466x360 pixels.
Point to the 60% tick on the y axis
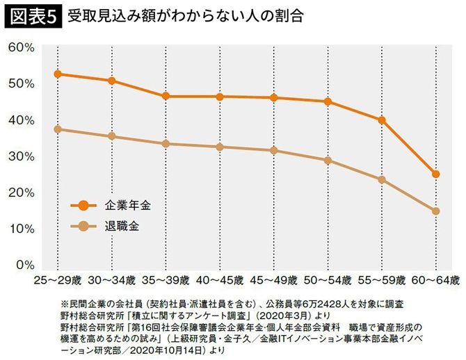22,47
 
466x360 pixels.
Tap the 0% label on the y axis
25,265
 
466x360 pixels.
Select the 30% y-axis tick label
22,156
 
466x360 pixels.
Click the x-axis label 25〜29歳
58,281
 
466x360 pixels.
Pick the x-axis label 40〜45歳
219,281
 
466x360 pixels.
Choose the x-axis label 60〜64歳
435,281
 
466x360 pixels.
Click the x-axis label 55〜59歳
381,281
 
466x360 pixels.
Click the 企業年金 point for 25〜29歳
58,74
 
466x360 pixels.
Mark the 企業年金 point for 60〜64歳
435,174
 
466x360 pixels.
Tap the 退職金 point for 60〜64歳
435,211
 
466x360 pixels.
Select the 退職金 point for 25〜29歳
58,129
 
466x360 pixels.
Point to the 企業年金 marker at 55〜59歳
381,120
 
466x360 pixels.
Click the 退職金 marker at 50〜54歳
328,161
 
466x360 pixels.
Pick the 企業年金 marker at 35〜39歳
166,96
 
